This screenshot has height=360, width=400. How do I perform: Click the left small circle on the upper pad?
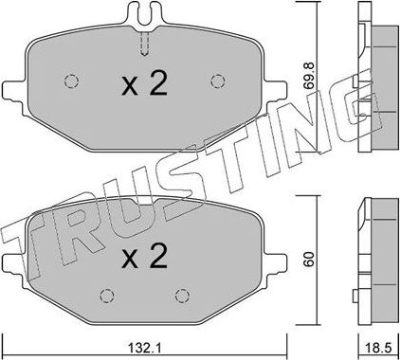[x=70, y=80]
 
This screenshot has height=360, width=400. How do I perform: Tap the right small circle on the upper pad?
[x=218, y=80]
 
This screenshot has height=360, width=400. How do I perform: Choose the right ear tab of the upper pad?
[x=277, y=88]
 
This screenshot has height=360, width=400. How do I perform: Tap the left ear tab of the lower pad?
[x=11, y=259]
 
